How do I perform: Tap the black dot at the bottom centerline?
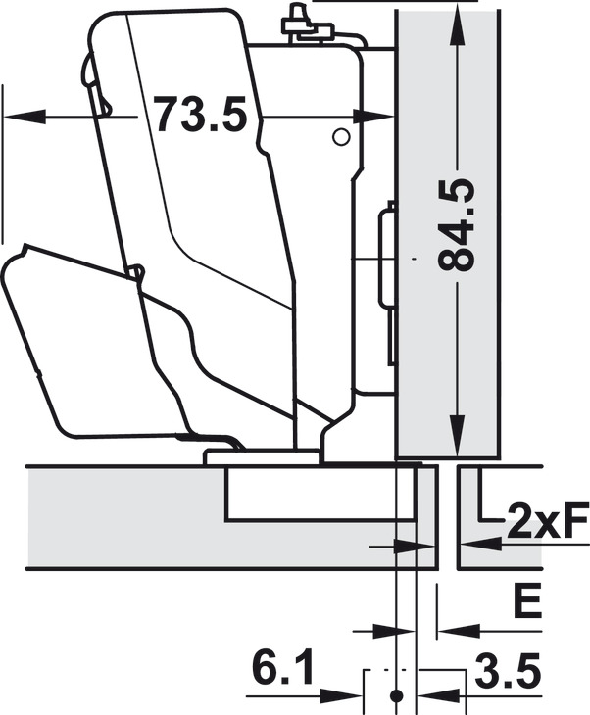pos(396,695)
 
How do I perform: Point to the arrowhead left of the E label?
pos(453,627)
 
